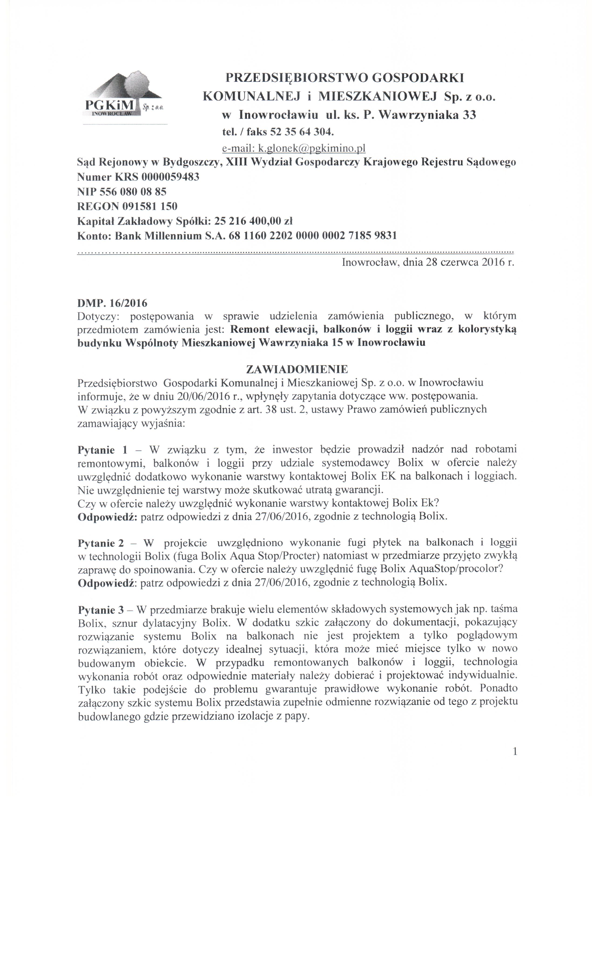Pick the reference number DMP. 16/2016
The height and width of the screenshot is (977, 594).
click(x=112, y=303)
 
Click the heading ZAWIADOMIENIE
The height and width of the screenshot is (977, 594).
click(x=297, y=369)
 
